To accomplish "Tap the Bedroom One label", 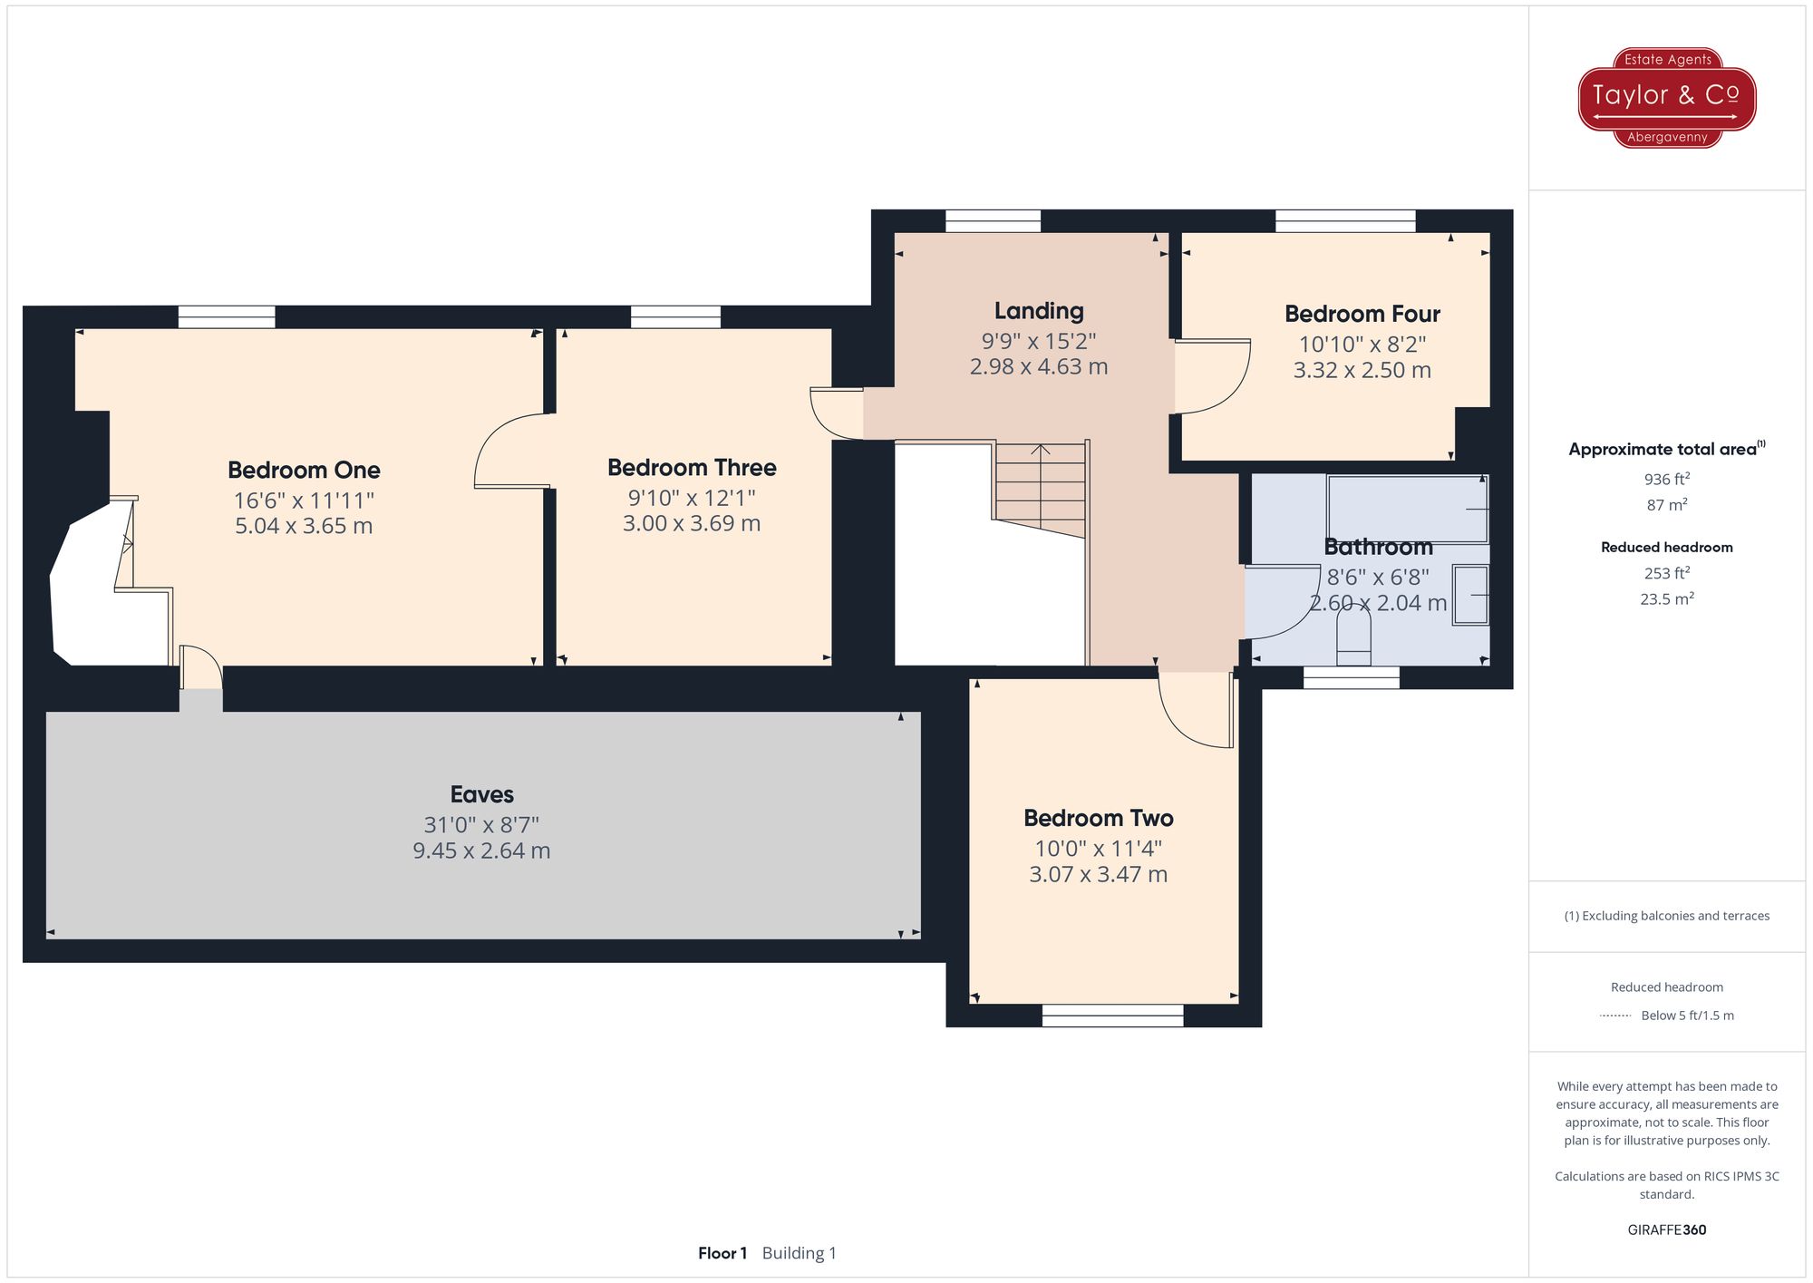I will [x=304, y=470].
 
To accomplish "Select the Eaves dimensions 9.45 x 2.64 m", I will [x=481, y=850].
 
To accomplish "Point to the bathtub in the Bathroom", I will [x=1407, y=509].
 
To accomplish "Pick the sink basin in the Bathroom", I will [x=1470, y=595].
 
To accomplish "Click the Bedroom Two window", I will [x=1112, y=1016].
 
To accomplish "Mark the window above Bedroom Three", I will [x=675, y=316].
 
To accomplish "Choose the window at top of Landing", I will [x=993, y=221].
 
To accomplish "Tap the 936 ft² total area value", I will [x=1666, y=479].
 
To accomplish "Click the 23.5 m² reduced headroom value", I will [x=1666, y=598].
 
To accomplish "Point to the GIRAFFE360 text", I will [x=1666, y=1230].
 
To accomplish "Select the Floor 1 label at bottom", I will [x=722, y=1253].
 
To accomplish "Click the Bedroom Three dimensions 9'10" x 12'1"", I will [x=692, y=498].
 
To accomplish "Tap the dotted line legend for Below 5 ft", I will [x=1615, y=1016].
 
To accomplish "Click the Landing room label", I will [x=1039, y=311].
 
